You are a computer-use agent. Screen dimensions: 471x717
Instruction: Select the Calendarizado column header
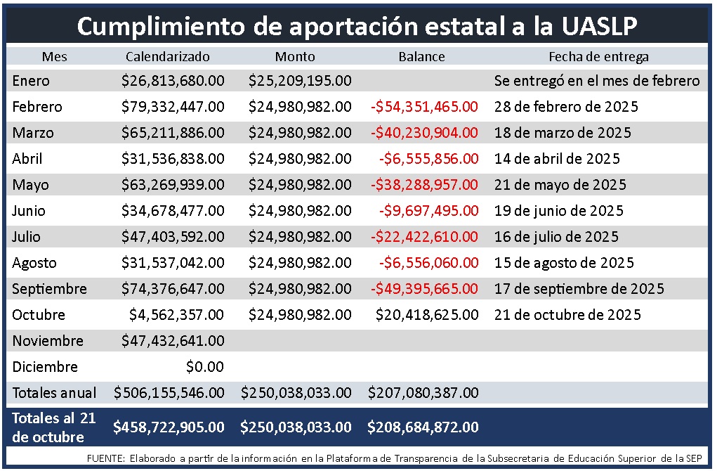168,57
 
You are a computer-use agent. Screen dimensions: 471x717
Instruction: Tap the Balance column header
421,57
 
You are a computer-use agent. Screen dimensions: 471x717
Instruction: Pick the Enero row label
31,81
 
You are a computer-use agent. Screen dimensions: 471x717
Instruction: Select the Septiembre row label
49,289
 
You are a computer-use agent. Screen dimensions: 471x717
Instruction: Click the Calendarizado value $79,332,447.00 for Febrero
173,107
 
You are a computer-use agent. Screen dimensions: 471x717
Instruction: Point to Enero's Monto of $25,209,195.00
300,81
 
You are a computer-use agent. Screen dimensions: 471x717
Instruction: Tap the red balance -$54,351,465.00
424,107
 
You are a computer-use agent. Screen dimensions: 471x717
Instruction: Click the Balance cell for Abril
428,159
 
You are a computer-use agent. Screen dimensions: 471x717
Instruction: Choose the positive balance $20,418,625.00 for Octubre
427,315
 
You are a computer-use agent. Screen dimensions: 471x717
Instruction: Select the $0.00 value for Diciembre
205,367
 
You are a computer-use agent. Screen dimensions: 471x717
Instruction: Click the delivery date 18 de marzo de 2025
563,133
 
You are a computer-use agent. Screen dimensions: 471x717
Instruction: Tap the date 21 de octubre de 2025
567,315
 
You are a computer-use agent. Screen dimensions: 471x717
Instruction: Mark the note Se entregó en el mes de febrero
597,81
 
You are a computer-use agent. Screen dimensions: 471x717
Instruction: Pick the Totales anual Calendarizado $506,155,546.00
169,393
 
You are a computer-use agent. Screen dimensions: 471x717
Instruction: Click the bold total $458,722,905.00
169,427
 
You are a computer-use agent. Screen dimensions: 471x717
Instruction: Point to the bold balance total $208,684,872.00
423,427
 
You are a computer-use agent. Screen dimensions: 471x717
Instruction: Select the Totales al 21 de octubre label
53,427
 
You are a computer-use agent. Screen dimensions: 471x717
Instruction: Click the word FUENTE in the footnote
105,458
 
